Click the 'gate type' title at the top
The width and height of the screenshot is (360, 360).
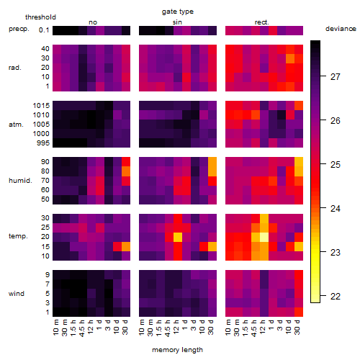pos(178,12)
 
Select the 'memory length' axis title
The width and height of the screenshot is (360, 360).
pos(177,350)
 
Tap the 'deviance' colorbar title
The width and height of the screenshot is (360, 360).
pos(341,29)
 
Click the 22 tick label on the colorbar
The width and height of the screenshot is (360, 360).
pos(335,297)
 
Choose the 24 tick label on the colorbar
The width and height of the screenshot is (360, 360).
pos(335,208)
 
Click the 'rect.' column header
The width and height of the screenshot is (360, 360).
pos(261,22)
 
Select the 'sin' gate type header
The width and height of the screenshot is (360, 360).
pos(177,22)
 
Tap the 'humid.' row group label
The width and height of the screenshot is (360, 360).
pos(20,181)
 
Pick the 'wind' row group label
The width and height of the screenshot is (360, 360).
pos(17,294)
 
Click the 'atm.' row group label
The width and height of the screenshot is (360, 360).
pos(16,125)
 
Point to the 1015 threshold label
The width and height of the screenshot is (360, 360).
pos(41,106)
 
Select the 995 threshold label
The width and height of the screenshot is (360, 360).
pos(43,143)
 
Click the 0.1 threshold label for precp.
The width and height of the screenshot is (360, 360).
pos(44,30)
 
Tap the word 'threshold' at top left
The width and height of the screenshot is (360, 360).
pos(40,17)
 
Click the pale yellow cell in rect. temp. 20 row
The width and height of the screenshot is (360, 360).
pos(264,237)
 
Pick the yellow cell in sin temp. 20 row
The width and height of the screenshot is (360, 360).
pos(178,237)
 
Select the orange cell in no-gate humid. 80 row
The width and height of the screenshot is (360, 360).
pos(126,171)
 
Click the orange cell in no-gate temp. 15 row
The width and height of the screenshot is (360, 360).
pos(126,246)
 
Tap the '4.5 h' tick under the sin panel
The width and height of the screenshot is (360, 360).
pos(168,328)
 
